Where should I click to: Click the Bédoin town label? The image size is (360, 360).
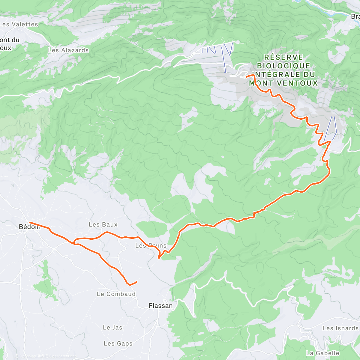tap(29, 227)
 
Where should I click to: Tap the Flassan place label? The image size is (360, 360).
tap(161, 306)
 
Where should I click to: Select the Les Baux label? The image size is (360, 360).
tap(103, 225)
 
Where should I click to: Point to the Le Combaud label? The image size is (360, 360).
tap(116, 294)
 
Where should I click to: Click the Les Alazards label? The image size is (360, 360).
tap(68, 50)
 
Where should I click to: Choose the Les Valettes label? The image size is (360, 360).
tap(19, 24)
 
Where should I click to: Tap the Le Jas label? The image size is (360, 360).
tap(112, 328)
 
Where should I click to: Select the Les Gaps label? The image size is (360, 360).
tap(118, 343)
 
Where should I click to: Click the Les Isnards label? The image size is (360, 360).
tap(340, 328)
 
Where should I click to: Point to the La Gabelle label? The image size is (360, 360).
tap(322, 353)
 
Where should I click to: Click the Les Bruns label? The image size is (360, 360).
tap(151, 246)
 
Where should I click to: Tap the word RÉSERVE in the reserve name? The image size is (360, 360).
tap(283, 57)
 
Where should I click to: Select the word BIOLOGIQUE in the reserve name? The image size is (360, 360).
tap(283, 66)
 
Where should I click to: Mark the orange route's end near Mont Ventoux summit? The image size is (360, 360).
tap(247, 77)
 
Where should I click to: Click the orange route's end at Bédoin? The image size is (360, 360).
tap(30, 223)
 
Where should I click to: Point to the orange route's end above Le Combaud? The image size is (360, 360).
tap(136, 281)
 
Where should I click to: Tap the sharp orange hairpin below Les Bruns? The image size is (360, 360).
tap(159, 257)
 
